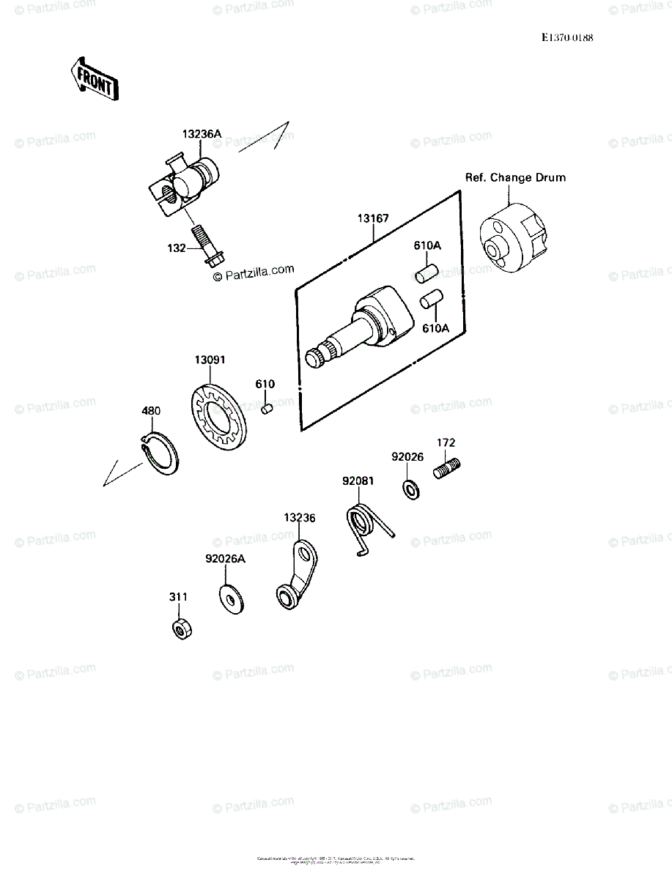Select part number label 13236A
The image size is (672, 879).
tap(202, 134)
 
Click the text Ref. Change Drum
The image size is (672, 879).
tap(514, 177)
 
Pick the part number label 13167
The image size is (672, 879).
tap(373, 218)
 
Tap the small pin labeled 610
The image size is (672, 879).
tap(267, 408)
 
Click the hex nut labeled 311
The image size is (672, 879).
tap(179, 628)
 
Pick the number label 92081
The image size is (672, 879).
tap(358, 481)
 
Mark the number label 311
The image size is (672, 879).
tap(178, 597)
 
